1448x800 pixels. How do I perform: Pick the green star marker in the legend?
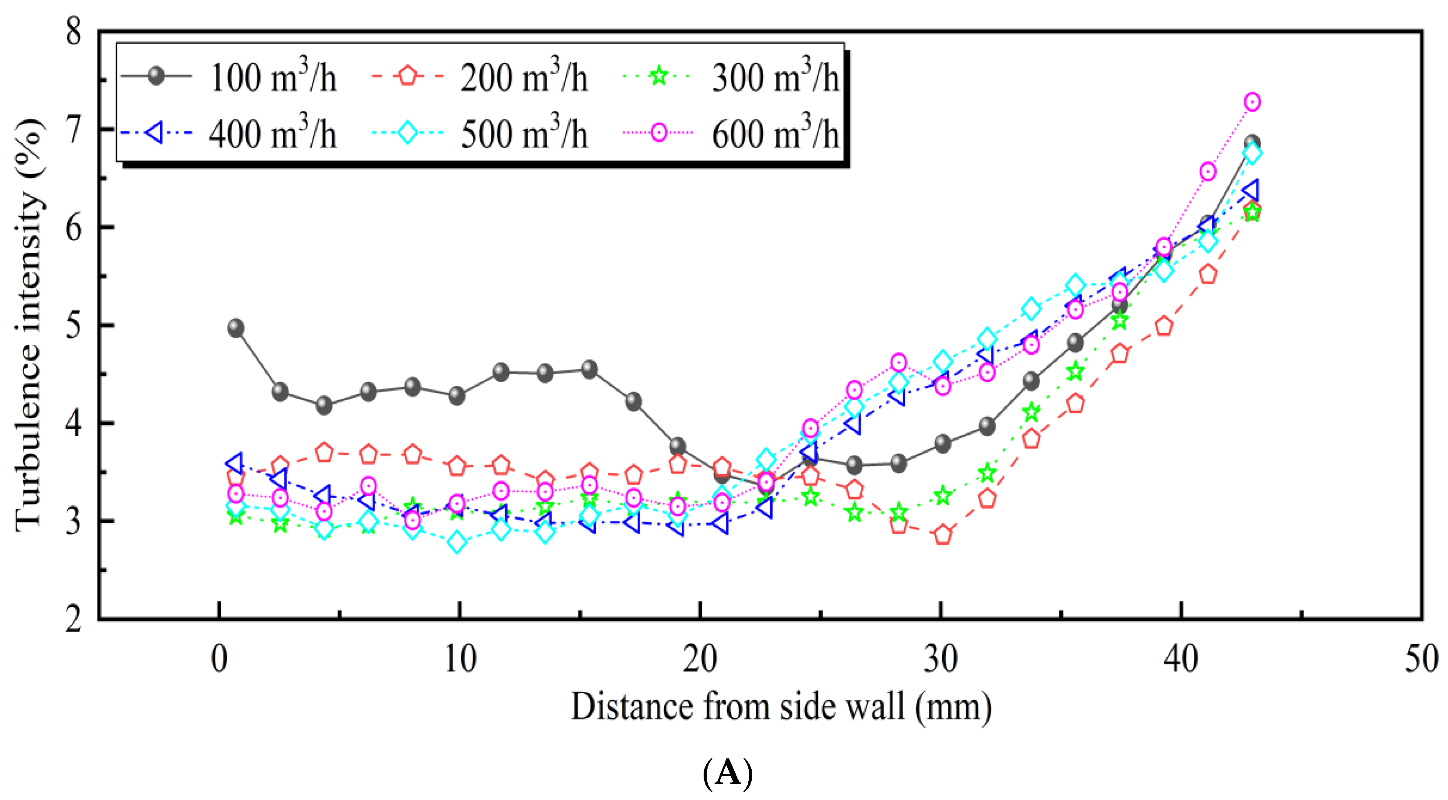coord(658,75)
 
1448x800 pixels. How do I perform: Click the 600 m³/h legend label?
coord(775,134)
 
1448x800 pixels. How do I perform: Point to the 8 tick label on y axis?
coord(74,32)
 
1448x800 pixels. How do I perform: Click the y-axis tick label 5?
coord(74,325)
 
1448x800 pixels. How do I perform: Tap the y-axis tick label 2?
coord(74,620)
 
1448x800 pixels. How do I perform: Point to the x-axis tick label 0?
coord(219,659)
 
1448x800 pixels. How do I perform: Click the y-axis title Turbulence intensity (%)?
coord(28,325)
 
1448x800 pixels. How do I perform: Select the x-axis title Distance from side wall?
coord(781,707)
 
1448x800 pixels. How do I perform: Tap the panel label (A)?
coord(727,773)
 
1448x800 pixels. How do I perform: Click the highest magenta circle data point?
coord(1252,102)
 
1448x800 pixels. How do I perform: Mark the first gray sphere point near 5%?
coord(236,328)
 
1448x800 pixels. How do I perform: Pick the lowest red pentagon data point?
coord(943,535)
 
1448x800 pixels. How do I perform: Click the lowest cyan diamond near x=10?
coord(457,543)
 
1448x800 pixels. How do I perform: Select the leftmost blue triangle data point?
coord(235,464)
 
